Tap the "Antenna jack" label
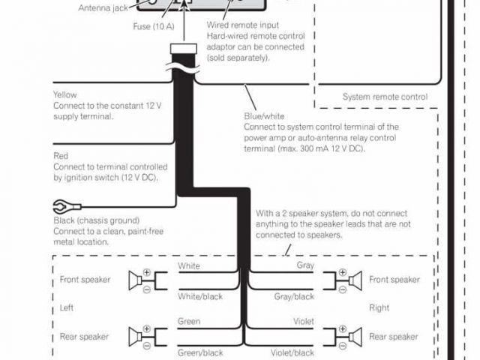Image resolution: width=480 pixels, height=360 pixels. pyautogui.click(x=103, y=7)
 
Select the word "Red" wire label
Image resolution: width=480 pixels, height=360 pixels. pyautogui.click(x=61, y=155)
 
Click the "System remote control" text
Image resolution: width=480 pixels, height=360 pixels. pyautogui.click(x=385, y=97)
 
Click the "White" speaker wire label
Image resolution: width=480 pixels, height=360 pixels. pyautogui.click(x=190, y=266)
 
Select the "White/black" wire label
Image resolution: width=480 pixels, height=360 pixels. pyautogui.click(x=199, y=297)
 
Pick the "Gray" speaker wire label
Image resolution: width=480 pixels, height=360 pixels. pyautogui.click(x=304, y=266)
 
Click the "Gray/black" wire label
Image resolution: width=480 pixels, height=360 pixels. pyautogui.click(x=294, y=297)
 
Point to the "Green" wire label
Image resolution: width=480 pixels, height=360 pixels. pyautogui.click(x=189, y=321)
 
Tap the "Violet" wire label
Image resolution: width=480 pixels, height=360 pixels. pyautogui.click(x=302, y=321)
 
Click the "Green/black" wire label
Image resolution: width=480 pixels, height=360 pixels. pyautogui.click(x=199, y=352)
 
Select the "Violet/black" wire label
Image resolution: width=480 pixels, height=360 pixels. pyautogui.click(x=292, y=352)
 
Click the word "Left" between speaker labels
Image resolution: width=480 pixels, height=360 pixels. pyautogui.click(x=67, y=308)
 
